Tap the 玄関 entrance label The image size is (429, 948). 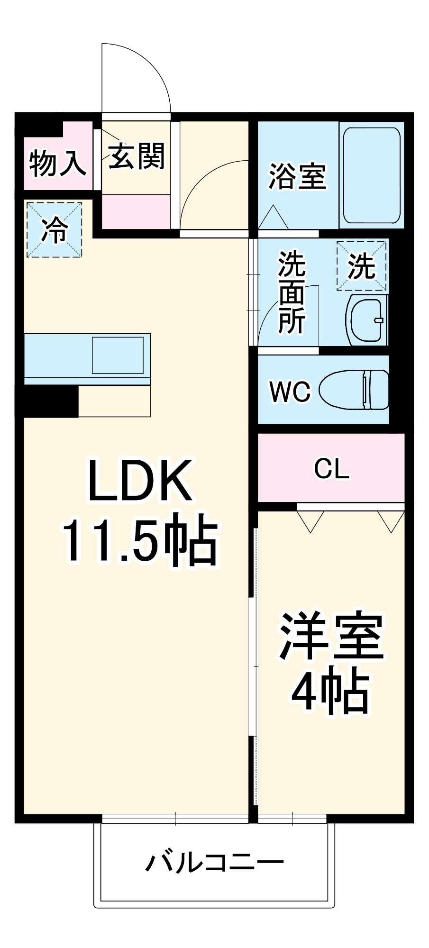[x=137, y=156]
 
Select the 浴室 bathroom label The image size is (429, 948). [x=298, y=176]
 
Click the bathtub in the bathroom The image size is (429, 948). [x=372, y=175]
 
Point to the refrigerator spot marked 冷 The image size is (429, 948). [x=55, y=230]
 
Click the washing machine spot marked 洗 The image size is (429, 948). [x=362, y=266]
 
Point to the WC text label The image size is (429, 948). [x=290, y=392]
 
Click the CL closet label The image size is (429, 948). [x=331, y=468]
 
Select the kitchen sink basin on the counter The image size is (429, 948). [x=118, y=355]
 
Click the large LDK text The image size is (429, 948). [x=141, y=481]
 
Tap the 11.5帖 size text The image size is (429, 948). [x=139, y=541]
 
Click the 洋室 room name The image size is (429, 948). [x=331, y=636]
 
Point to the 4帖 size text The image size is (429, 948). [x=330, y=691]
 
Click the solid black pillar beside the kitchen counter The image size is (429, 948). [x=51, y=401]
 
